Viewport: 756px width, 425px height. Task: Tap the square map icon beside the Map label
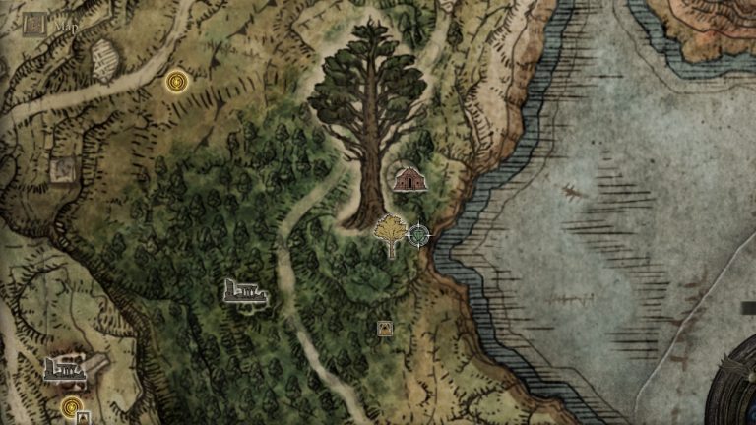[x=35, y=22]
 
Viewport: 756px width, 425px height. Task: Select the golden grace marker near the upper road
[x=177, y=82]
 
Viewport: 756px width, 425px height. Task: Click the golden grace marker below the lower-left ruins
[x=71, y=406]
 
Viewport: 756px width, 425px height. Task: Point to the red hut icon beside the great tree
[x=408, y=179]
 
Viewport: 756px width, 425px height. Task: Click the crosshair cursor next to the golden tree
[x=418, y=235]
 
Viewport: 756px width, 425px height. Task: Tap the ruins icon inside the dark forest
[x=245, y=291]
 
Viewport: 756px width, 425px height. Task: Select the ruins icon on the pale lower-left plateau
[x=64, y=369]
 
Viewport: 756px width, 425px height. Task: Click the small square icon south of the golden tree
[x=385, y=329]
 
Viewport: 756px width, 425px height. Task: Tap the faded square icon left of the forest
[x=62, y=169]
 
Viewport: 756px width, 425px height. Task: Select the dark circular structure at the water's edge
[x=733, y=389]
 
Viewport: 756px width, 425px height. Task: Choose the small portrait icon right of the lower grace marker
[x=83, y=417]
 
